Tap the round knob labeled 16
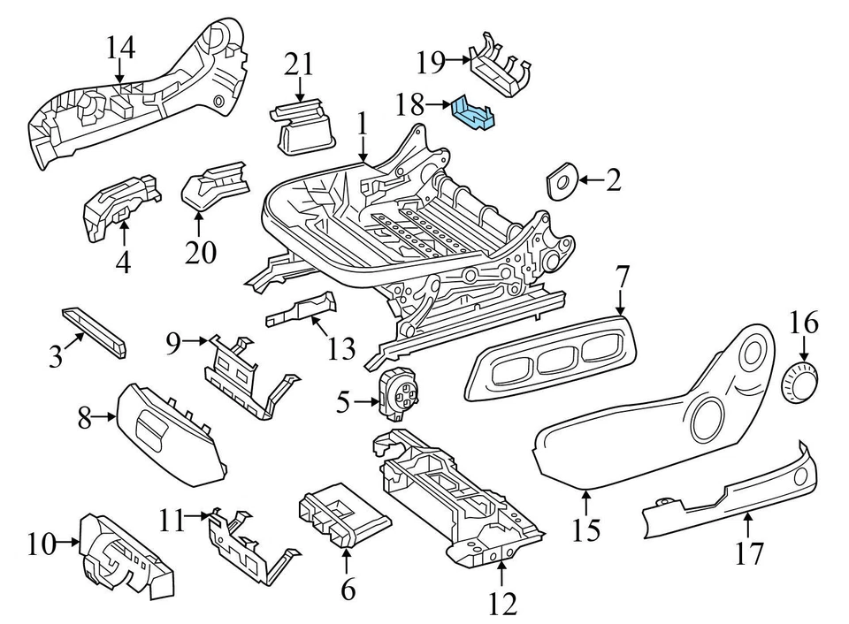coord(801,381)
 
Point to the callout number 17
coord(747,554)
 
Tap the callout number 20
coord(200,253)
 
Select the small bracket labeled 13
coord(303,311)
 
